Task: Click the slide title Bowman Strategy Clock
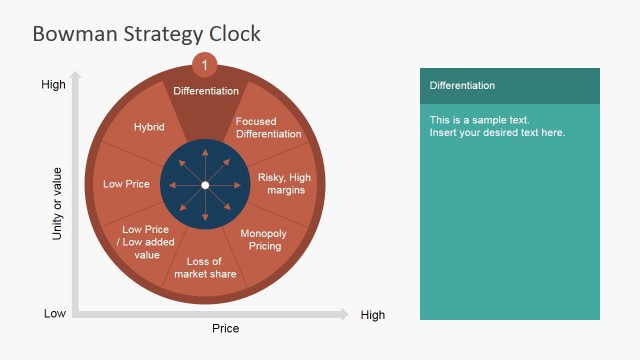[146, 34]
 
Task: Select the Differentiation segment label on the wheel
[206, 91]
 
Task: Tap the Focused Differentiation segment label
[268, 128]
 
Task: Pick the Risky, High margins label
[285, 184]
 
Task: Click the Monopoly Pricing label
[265, 240]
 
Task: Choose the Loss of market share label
[205, 268]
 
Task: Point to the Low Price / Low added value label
[147, 242]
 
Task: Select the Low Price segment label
[126, 184]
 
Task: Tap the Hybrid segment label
[148, 127]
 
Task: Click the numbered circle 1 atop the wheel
[205, 65]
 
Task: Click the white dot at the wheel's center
[205, 185]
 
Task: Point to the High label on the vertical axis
[53, 85]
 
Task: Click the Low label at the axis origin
[55, 314]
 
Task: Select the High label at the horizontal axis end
[372, 315]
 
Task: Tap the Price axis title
[225, 328]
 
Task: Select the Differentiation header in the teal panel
[462, 86]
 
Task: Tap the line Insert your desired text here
[497, 133]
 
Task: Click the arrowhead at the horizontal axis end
[344, 314]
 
